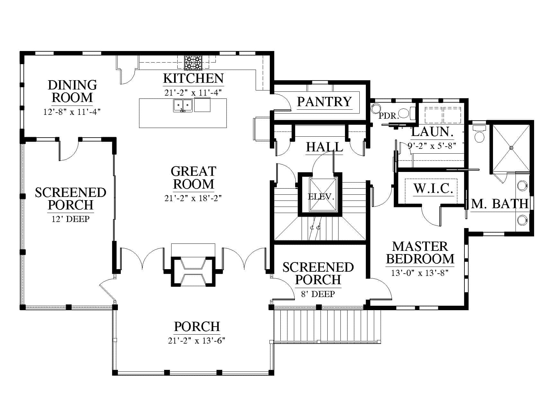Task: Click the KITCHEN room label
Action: (x=193, y=78)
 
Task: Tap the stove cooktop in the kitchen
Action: (x=193, y=63)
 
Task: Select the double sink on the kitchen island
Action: (x=183, y=106)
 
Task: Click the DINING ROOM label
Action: (x=72, y=91)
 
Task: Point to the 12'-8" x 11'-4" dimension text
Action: (x=72, y=112)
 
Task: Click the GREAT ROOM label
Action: (x=193, y=178)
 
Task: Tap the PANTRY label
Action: (x=324, y=102)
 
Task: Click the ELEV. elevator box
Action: (x=321, y=195)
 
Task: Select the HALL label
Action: (x=324, y=147)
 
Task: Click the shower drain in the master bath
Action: (x=511, y=148)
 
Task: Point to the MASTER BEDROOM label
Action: (x=420, y=252)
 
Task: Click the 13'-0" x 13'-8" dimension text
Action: (x=420, y=273)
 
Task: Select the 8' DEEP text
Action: (x=318, y=294)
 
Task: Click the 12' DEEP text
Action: (x=71, y=219)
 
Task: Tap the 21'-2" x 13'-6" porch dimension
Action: (x=197, y=340)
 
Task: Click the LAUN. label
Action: (x=432, y=132)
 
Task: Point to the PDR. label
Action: (x=389, y=115)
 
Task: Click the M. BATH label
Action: (x=500, y=204)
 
